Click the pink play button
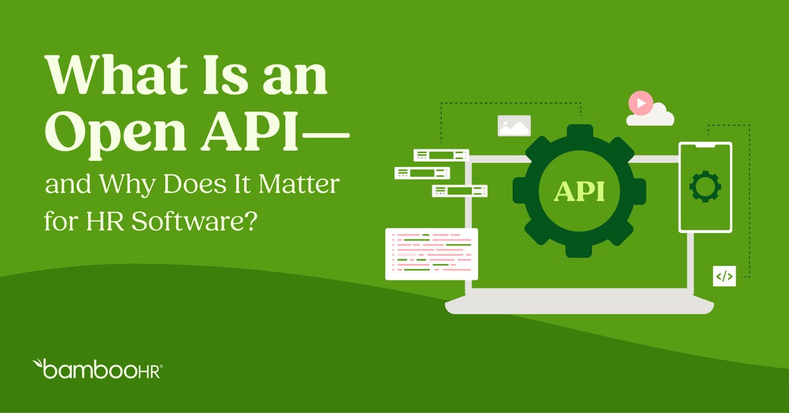[x=640, y=103]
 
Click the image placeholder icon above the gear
[x=514, y=125]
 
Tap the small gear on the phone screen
[x=705, y=186]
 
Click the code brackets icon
[x=724, y=276]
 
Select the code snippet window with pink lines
[x=431, y=253]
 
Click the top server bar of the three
[x=441, y=155]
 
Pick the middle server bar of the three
[x=421, y=173]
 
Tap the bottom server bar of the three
[x=460, y=191]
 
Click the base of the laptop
[x=579, y=305]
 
